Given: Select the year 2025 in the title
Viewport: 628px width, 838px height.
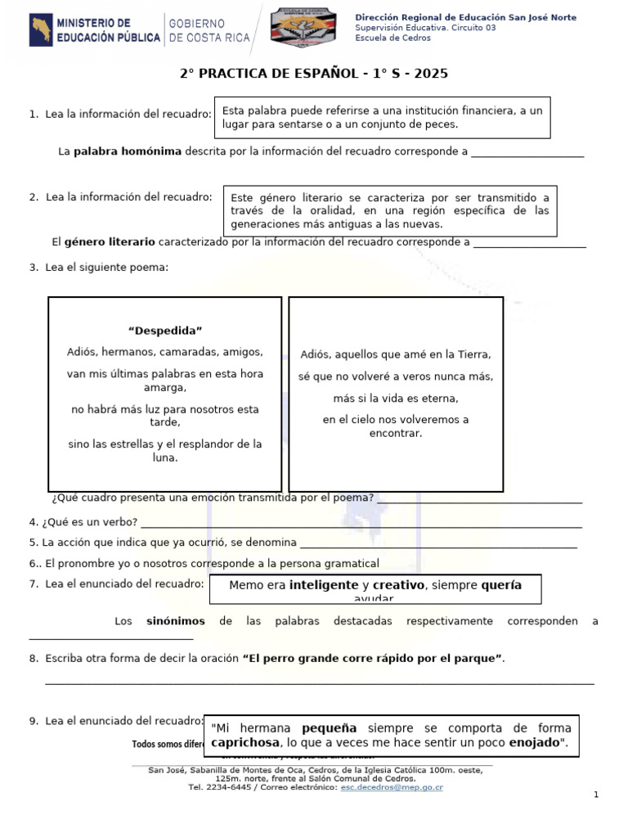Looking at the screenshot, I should tap(432, 74).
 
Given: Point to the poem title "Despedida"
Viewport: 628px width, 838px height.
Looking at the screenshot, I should tap(165, 331).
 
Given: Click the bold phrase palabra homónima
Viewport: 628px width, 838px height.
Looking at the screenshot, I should tap(128, 151).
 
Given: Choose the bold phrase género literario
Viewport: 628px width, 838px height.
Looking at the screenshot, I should tap(110, 242).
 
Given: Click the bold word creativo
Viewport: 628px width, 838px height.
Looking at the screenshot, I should tap(399, 585).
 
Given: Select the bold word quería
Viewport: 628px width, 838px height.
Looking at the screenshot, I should tap(501, 585).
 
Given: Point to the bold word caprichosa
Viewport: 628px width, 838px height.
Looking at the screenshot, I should tap(243, 743).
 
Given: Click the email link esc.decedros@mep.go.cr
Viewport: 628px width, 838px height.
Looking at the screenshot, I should tap(391, 787).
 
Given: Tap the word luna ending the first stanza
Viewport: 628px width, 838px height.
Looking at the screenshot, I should tap(165, 458).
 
